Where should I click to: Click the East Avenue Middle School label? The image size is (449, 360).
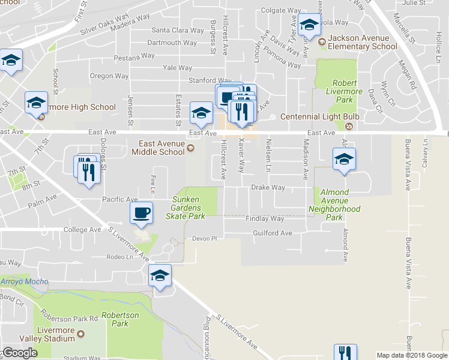[x=161, y=148]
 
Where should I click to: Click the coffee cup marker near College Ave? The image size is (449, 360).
[x=142, y=213]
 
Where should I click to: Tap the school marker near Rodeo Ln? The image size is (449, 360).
[x=160, y=276]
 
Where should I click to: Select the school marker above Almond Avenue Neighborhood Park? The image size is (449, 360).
[x=344, y=160]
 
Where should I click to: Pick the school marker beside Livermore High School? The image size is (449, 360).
[x=36, y=103]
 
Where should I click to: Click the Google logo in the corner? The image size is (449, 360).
[x=20, y=353]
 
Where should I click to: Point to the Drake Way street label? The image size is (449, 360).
[x=268, y=188]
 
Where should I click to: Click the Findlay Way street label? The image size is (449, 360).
[x=265, y=219]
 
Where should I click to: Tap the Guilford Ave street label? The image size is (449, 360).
[x=273, y=233]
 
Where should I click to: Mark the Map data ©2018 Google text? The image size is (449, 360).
[x=412, y=355]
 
